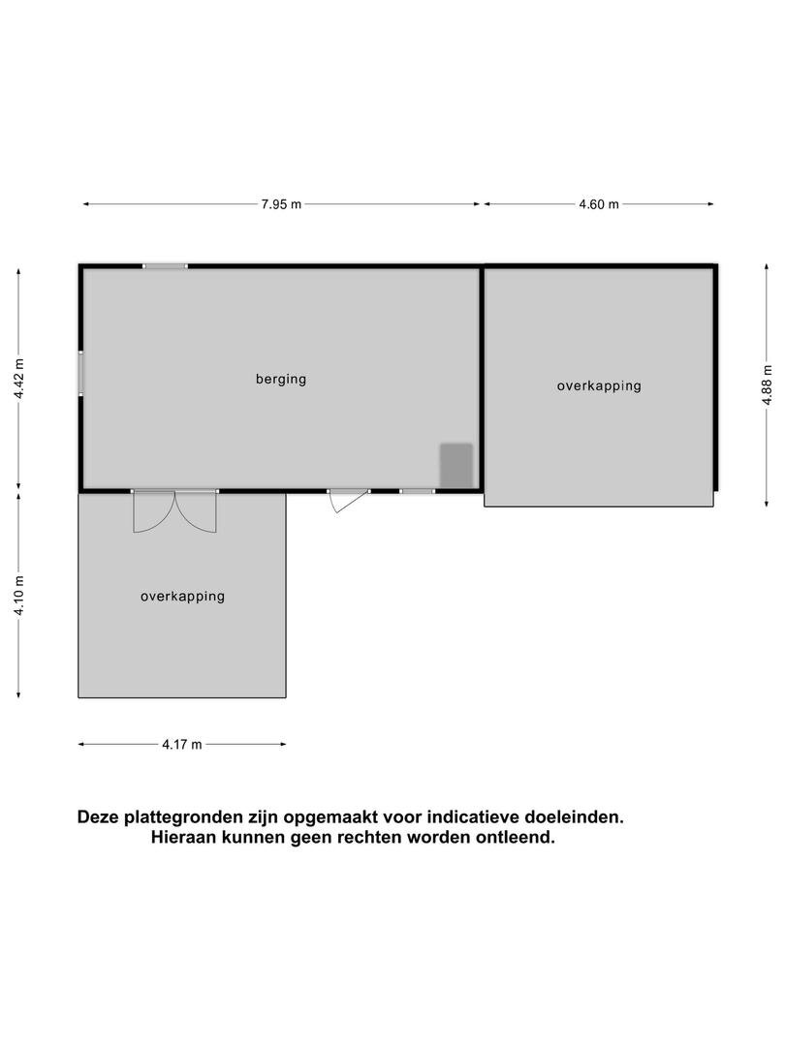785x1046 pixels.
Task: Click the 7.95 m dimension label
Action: (x=281, y=204)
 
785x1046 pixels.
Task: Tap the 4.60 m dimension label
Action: (x=599, y=204)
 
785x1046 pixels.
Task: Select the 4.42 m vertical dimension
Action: (x=19, y=379)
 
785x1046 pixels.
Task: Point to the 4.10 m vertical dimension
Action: (x=19, y=596)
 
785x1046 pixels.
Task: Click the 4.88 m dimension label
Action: (x=768, y=385)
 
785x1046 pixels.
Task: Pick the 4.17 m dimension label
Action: (x=181, y=745)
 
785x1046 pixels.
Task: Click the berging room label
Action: (x=281, y=379)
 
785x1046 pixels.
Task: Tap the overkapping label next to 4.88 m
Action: (x=599, y=385)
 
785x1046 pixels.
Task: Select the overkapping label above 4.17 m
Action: (x=182, y=597)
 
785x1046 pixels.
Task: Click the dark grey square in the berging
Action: (x=455, y=465)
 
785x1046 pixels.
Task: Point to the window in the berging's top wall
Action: (x=165, y=266)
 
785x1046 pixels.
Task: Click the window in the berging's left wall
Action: (x=80, y=374)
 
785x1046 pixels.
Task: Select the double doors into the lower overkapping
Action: (x=174, y=511)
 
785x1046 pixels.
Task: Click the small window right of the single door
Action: (x=417, y=492)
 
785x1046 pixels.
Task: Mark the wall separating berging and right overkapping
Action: (x=482, y=379)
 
